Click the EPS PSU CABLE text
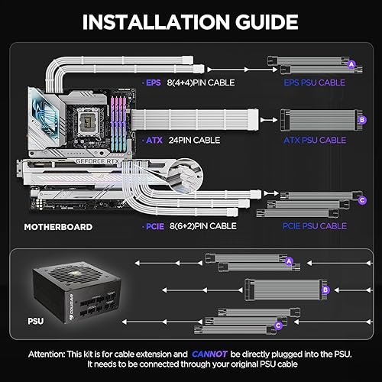coord(316,81)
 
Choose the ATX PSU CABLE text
coord(316,140)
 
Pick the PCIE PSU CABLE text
coord(316,226)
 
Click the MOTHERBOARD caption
coord(58,227)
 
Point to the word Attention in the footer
coord(53,354)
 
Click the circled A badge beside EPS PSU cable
coord(351,64)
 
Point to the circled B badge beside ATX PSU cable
coord(361,119)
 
